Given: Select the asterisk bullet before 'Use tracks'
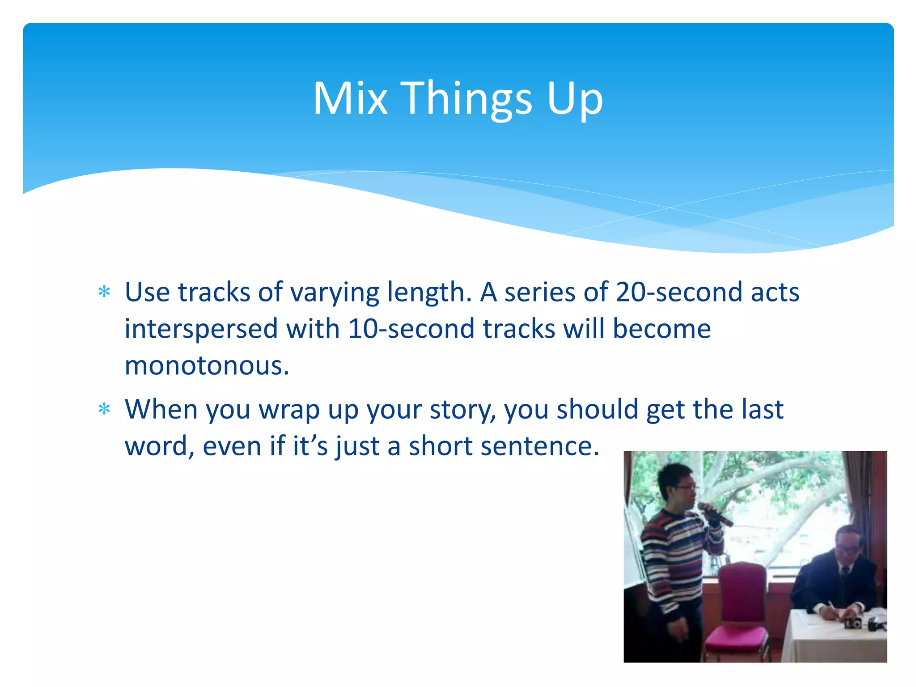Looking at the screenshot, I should pyautogui.click(x=104, y=292).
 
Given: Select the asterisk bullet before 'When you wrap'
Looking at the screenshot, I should pyautogui.click(x=104, y=409).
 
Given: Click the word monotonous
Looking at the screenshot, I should pyautogui.click(x=207, y=365).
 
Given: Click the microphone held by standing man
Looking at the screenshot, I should pyautogui.click(x=714, y=514).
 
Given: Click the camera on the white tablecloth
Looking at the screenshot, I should pyautogui.click(x=853, y=623).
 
